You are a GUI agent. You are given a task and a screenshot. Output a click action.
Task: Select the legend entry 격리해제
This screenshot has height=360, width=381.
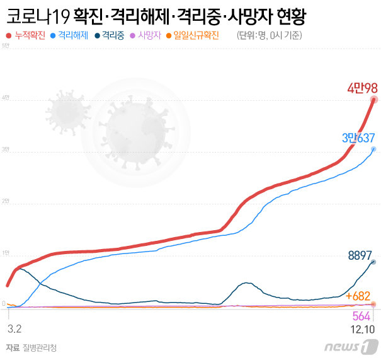73,36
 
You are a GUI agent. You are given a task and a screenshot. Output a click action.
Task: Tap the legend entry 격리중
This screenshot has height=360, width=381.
114,36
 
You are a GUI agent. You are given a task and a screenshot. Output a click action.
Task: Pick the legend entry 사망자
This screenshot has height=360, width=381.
151,36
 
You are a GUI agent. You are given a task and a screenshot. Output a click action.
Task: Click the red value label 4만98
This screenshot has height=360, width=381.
362,88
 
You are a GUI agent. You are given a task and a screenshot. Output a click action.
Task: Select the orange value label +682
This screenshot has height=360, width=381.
358,295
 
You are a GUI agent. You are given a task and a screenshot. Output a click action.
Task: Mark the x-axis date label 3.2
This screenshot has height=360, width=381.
14,329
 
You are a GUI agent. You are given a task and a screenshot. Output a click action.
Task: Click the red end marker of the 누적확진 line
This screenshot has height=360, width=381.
374,99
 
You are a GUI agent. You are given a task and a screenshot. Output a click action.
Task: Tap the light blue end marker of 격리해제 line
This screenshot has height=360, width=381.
374,149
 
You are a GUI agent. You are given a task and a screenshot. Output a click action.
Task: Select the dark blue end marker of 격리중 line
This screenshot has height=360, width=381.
373,262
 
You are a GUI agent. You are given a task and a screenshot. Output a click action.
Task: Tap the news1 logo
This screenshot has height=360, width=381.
351,346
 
